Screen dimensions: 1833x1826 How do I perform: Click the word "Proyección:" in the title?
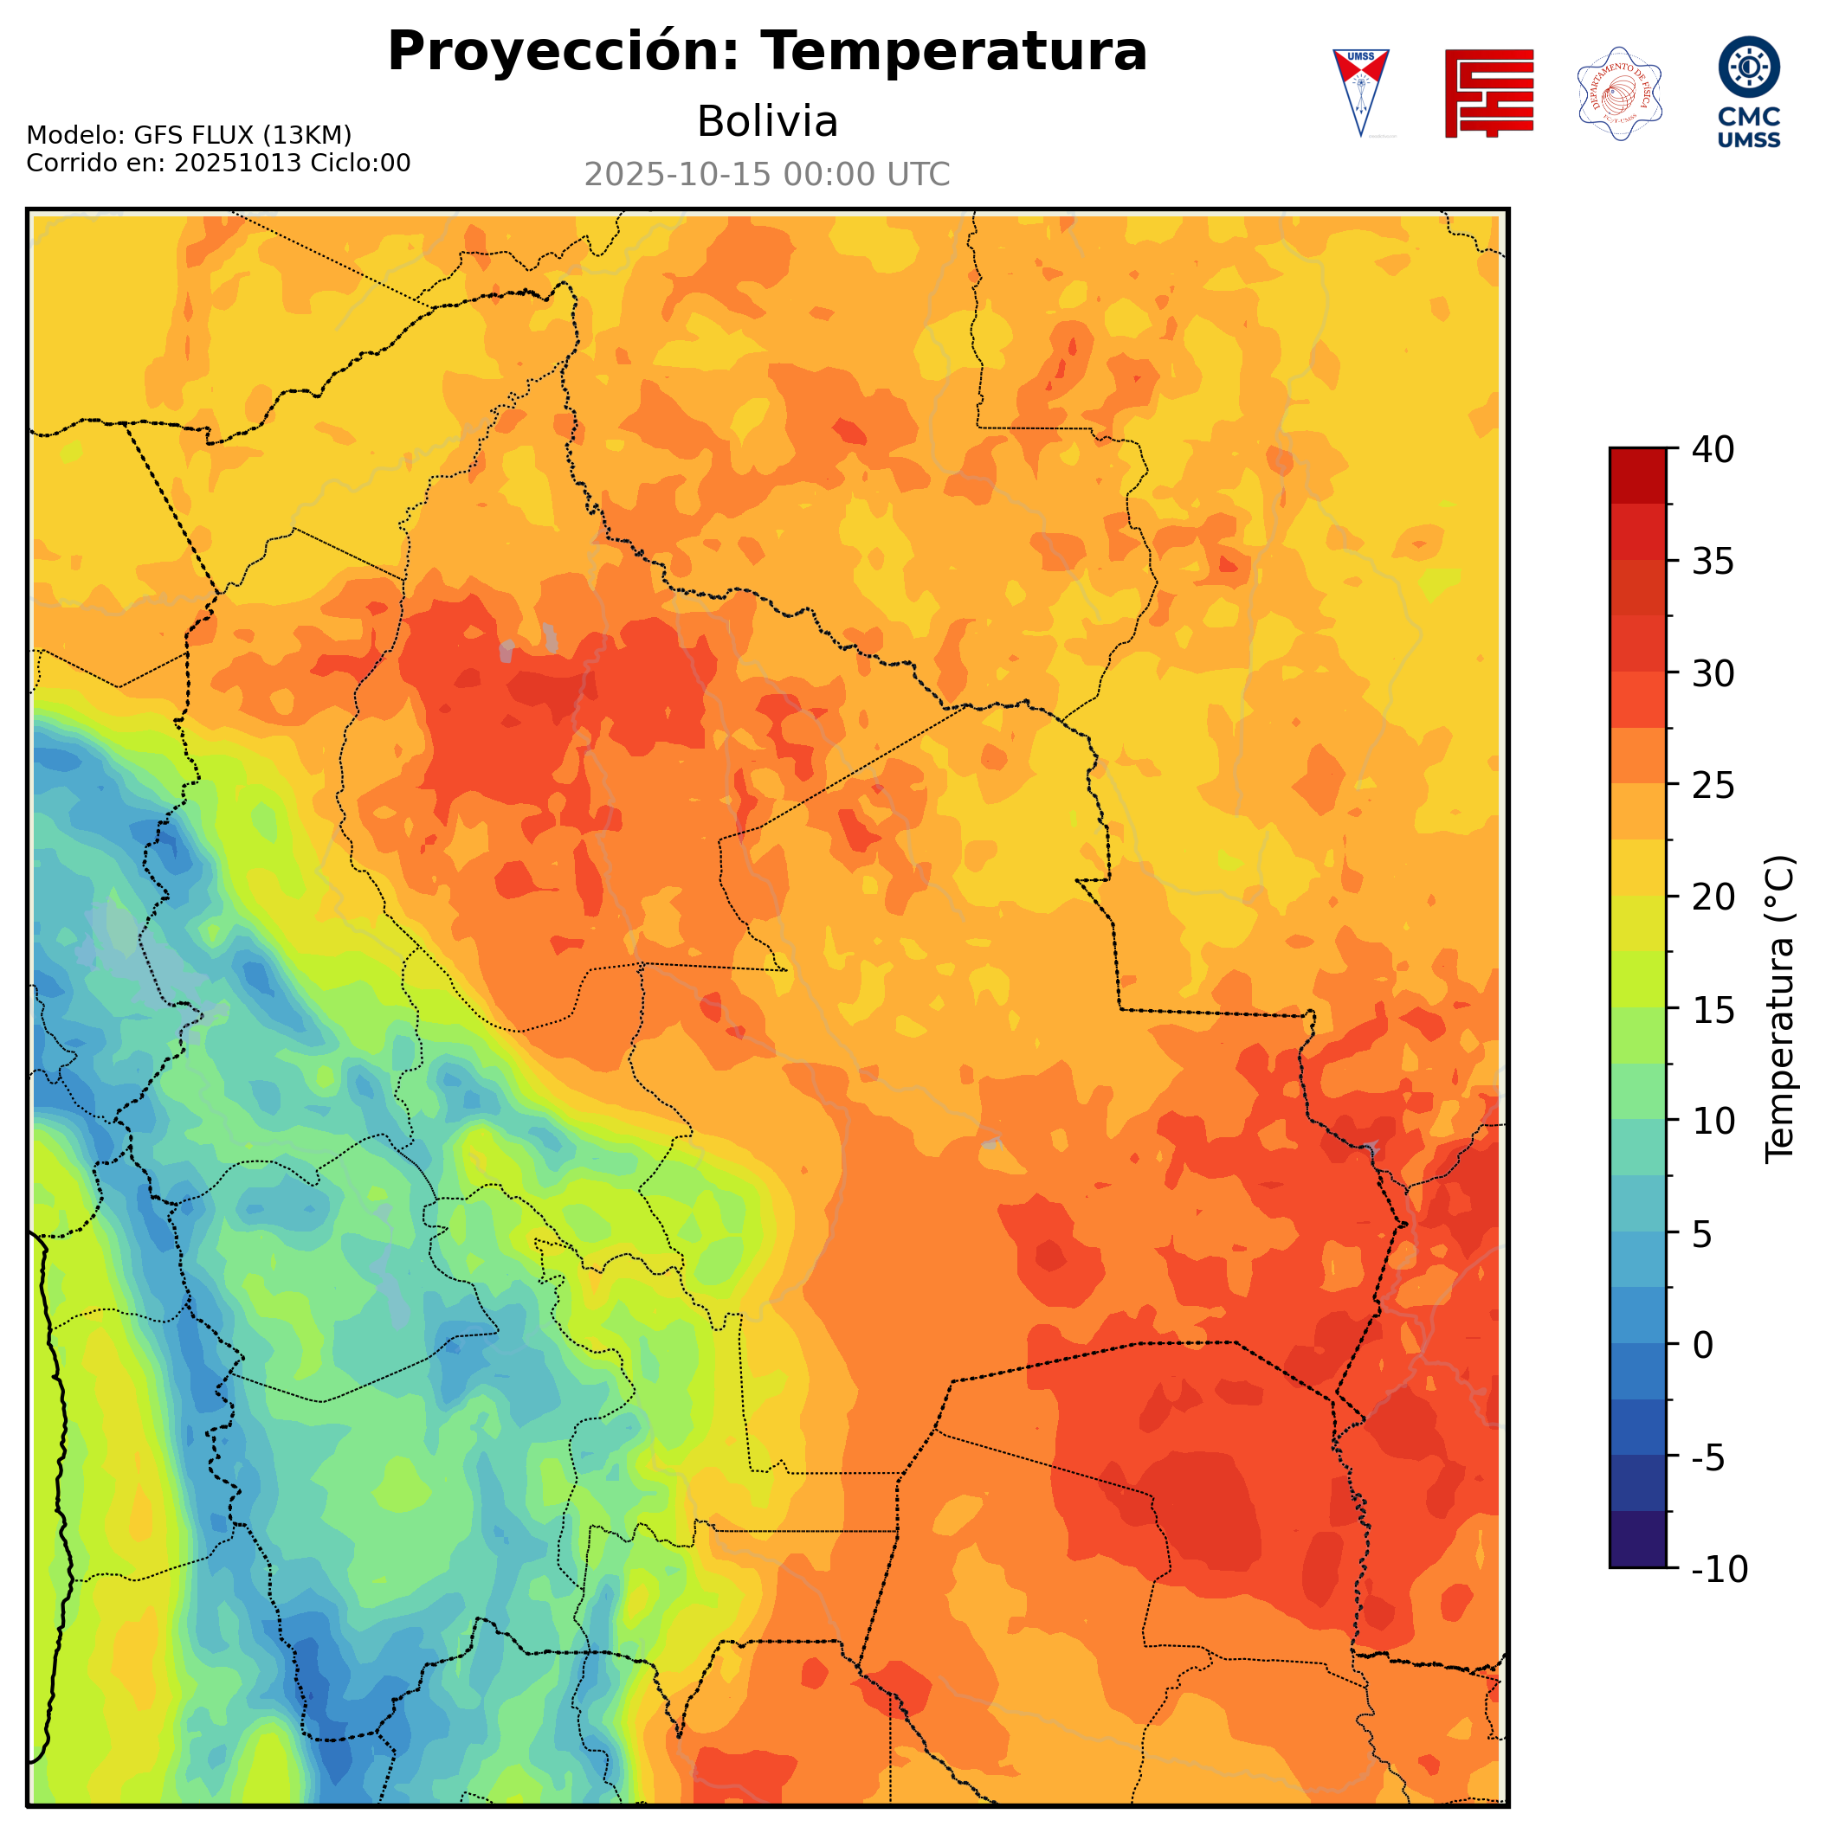point(563,51)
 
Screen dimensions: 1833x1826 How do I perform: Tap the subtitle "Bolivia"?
point(767,121)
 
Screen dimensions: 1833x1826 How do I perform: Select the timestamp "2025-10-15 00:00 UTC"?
point(767,175)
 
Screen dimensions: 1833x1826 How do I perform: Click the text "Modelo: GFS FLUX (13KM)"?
point(189,135)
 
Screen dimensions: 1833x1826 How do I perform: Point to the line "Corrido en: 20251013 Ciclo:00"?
point(218,164)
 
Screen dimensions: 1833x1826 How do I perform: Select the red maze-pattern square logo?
point(1488,93)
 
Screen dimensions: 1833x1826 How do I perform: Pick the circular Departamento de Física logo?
point(1619,93)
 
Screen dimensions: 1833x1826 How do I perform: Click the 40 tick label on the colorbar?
point(1713,450)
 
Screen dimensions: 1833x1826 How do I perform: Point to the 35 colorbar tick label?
point(1713,562)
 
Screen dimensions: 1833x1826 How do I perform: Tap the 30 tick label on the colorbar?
point(1713,673)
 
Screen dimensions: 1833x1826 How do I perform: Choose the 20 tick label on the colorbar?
point(1713,897)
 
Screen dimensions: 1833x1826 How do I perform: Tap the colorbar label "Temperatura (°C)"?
point(1780,1009)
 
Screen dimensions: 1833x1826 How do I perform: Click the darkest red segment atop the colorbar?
point(1637,474)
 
